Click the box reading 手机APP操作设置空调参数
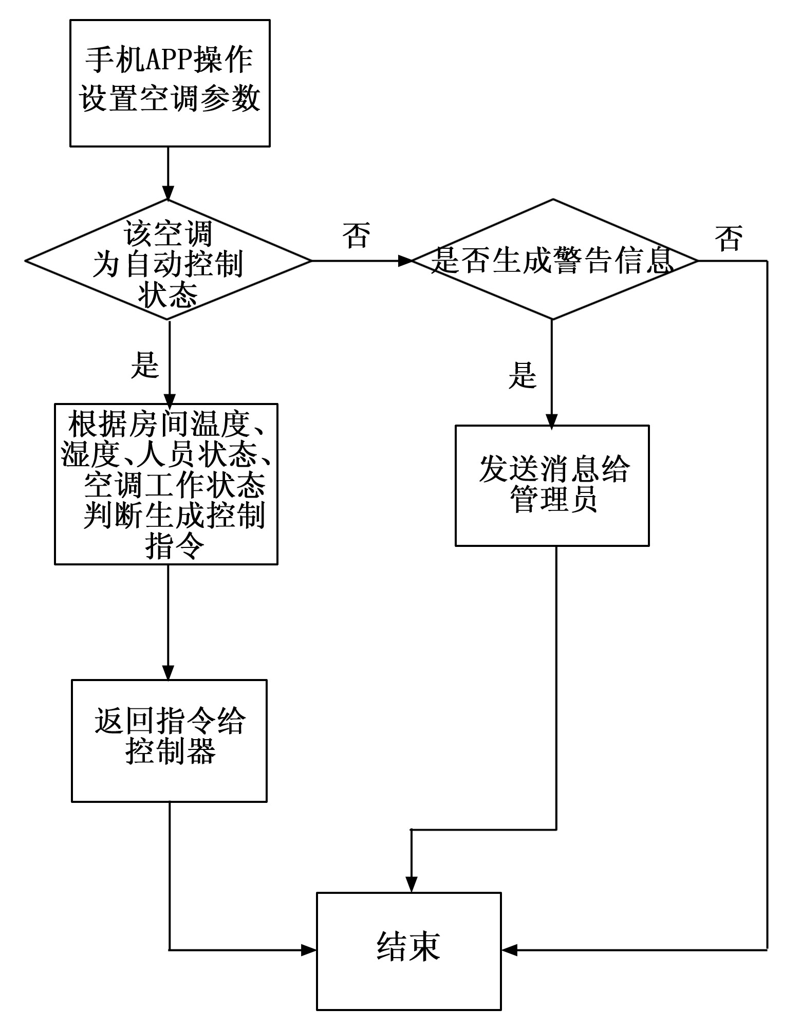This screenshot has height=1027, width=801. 170,83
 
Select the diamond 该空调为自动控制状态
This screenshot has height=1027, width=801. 169,261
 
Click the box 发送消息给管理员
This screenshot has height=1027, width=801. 552,485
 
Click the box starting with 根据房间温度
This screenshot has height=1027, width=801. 166,484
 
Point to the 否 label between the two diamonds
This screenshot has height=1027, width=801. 357,235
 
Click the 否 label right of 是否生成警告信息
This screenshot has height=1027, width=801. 729,239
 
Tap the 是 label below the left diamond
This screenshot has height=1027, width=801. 144,365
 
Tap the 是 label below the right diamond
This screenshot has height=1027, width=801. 523,375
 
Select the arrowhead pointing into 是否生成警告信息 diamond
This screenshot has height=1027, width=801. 405,261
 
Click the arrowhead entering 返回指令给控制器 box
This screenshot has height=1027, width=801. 169,672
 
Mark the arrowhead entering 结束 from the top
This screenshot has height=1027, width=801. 411,885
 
